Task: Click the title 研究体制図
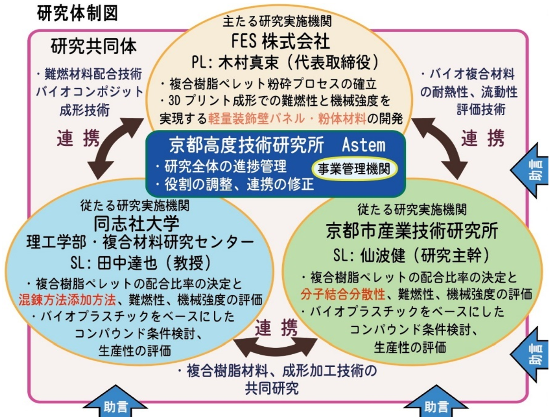pyautogui.click(x=77, y=13)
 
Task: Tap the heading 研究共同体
pyautogui.click(x=93, y=47)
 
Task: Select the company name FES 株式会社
pyautogui.click(x=280, y=41)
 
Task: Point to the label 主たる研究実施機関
pyautogui.click(x=277, y=21)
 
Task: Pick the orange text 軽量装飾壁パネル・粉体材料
pyautogui.click(x=287, y=118)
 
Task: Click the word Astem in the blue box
pyautogui.click(x=363, y=145)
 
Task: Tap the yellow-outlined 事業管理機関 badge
pyautogui.click(x=354, y=169)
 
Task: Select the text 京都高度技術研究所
pyautogui.click(x=246, y=145)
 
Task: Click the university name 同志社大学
pyautogui.click(x=136, y=223)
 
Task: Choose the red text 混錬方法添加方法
pyautogui.click(x=67, y=300)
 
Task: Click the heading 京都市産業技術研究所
pyautogui.click(x=412, y=231)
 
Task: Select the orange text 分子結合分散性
pyautogui.click(x=342, y=294)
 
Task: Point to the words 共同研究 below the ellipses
pyautogui.click(x=272, y=388)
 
